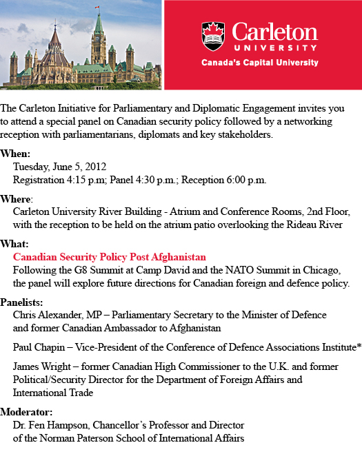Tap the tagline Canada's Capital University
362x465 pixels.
coord(259,63)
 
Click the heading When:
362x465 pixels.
coord(15,154)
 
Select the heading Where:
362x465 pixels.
coord(17,198)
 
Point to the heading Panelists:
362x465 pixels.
coord(22,302)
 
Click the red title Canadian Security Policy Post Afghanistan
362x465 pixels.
coord(110,257)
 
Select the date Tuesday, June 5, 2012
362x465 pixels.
coord(59,167)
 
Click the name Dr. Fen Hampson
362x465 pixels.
coord(48,425)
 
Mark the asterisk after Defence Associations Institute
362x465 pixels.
coord(359,347)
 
